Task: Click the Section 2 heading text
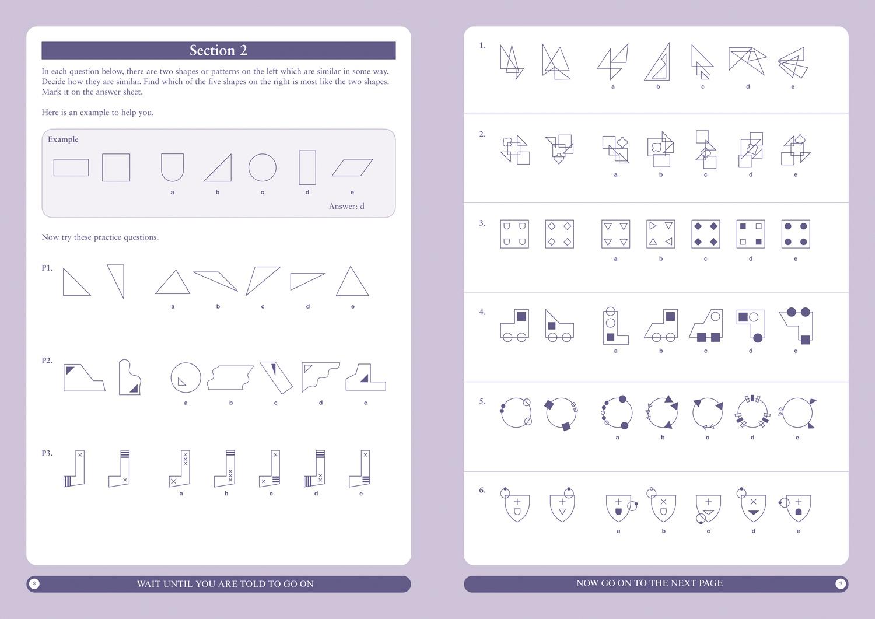tap(218, 51)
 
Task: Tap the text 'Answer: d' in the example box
tap(346, 206)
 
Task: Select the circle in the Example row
tap(262, 167)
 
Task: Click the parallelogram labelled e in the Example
tap(352, 167)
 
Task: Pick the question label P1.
tap(47, 268)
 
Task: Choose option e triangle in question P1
tap(352, 282)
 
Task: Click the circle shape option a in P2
tap(185, 377)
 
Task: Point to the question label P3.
tap(47, 453)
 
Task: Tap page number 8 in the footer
tap(34, 583)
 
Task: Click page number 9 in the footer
tap(841, 583)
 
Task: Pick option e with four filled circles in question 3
tap(796, 234)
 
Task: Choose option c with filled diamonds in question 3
tap(705, 234)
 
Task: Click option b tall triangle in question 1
tap(659, 62)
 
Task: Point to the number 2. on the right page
tap(482, 134)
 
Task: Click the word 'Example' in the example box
tap(63, 139)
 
